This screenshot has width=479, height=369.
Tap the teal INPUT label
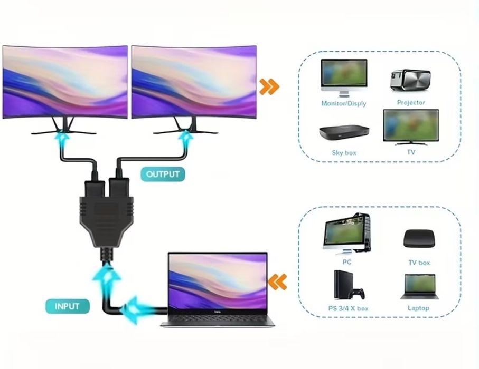pos(67,306)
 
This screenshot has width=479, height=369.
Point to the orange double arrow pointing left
pos(278,281)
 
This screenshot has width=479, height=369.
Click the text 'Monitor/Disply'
pos(343,103)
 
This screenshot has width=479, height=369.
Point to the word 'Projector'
pos(411,103)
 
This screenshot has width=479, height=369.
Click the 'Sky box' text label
pos(344,153)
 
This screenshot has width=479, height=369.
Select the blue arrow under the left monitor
pos(64,140)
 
